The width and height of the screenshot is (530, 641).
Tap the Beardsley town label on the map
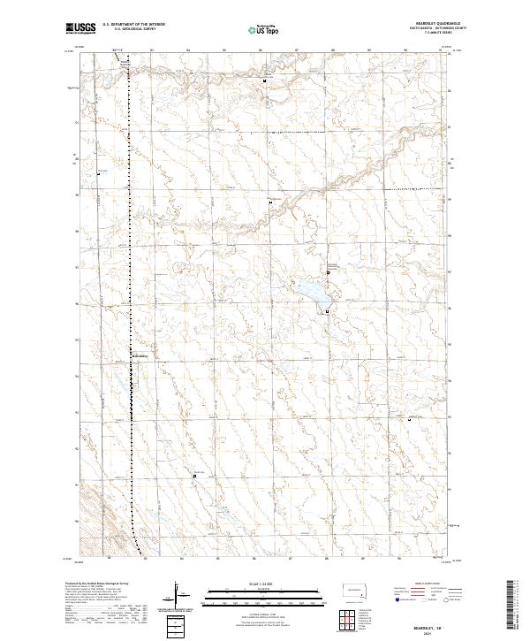[x=142, y=356]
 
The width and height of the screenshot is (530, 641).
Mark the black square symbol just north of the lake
[x=328, y=273]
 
